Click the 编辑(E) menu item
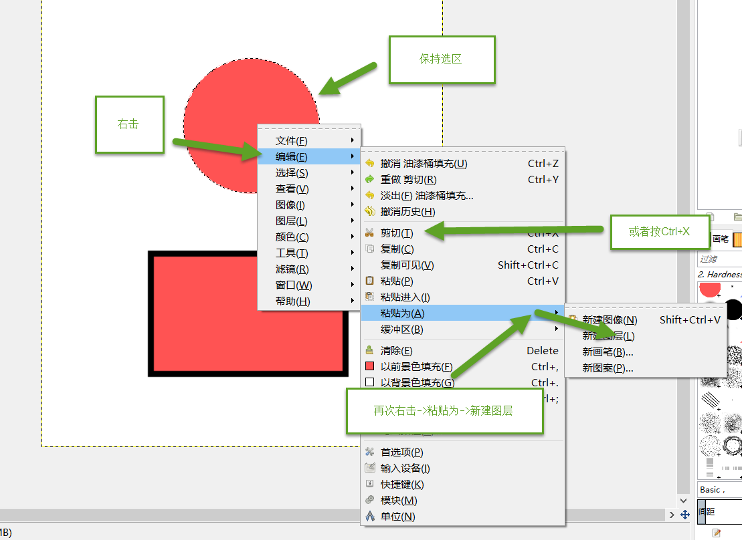pos(292,157)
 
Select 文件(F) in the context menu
pos(292,141)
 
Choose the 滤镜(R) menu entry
pos(292,269)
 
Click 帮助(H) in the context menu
pos(292,301)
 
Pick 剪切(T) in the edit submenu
pos(397,233)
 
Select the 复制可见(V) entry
pos(407,265)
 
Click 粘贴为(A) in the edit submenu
pos(402,313)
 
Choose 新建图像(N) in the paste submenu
pos(610,320)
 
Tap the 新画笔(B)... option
pos(608,352)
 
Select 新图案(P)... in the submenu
pos(608,368)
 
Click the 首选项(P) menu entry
pos(401,452)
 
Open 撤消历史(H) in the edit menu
pos(407,212)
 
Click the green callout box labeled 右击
pos(129,124)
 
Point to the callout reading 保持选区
pos(442,59)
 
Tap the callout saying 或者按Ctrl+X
pos(659,232)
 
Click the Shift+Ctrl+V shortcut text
pos(690,320)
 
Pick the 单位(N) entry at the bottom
pos(397,517)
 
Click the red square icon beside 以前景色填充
pos(369,366)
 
